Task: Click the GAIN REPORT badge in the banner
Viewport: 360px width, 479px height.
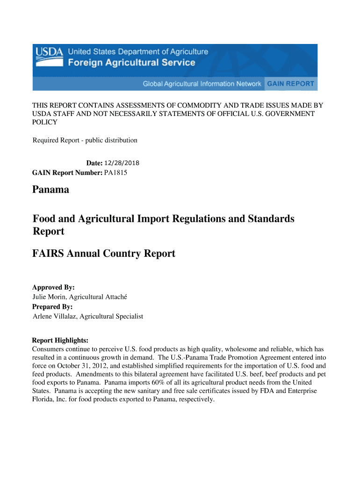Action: click(x=290, y=84)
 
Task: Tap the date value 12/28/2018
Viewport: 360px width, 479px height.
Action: click(x=122, y=163)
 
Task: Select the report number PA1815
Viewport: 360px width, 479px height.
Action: click(x=115, y=173)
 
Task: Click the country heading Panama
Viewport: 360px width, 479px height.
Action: click(x=50, y=190)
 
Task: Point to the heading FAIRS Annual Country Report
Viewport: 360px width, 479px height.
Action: click(x=103, y=254)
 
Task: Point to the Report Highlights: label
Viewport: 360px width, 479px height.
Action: click(x=60, y=340)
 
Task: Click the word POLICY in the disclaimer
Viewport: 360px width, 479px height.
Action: click(x=44, y=122)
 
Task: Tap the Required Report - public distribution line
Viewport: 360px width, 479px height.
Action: click(x=85, y=140)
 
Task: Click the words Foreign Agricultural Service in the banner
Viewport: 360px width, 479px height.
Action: click(x=132, y=63)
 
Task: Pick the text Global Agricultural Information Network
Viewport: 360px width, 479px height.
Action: click(x=202, y=84)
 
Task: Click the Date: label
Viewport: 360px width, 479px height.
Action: click(x=94, y=163)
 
